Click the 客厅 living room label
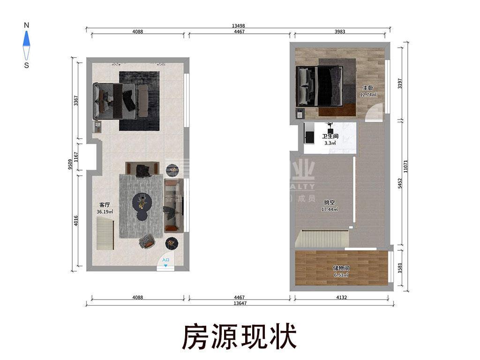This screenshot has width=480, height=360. (104, 205)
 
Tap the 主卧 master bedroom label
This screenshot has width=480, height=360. (367, 88)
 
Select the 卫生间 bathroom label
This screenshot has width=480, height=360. (330, 136)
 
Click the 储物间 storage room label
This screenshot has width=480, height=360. (341, 268)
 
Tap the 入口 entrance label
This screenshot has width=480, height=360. (165, 260)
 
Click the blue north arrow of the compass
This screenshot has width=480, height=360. (27, 37)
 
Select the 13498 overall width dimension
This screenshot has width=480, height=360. (239, 26)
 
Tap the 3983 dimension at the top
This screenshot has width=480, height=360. (340, 32)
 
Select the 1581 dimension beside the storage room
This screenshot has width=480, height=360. (399, 269)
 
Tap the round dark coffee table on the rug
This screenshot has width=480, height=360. (142, 202)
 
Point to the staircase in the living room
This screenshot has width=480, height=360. (105, 236)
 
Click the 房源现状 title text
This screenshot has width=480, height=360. (239, 336)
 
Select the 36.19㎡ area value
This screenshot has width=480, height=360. (105, 212)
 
